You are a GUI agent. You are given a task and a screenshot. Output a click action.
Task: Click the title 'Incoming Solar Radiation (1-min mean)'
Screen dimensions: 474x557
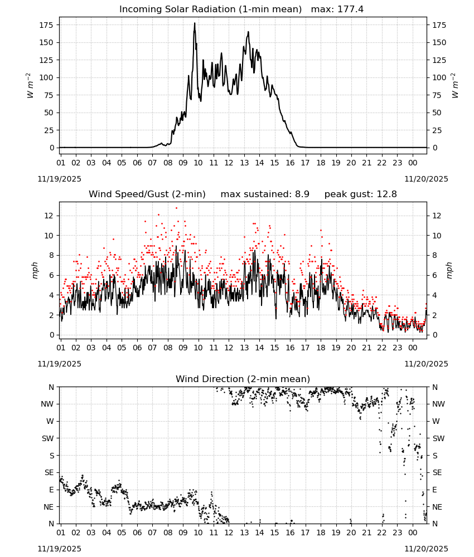[x=210, y=9]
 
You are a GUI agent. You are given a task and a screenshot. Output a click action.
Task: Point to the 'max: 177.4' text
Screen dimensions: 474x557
[x=337, y=9]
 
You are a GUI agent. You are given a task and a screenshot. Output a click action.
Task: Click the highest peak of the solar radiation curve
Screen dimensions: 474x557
[x=195, y=23]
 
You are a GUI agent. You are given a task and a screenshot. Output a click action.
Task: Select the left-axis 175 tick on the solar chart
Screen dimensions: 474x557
[x=46, y=25]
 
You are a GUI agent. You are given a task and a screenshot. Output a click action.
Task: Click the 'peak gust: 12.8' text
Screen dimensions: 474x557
[x=361, y=194]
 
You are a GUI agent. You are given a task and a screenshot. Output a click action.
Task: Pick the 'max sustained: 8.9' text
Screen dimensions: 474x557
[x=265, y=194]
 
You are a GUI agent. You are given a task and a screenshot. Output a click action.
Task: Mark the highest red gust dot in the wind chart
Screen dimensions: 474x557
[x=176, y=208]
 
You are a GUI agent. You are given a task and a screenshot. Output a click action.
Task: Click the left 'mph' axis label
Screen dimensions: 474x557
[x=35, y=270]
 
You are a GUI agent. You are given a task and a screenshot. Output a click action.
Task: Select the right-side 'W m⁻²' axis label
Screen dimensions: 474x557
[x=455, y=86]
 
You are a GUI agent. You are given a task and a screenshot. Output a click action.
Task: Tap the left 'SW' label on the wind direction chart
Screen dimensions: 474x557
[x=47, y=438]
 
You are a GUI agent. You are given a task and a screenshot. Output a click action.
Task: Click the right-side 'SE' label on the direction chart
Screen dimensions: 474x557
[x=437, y=472]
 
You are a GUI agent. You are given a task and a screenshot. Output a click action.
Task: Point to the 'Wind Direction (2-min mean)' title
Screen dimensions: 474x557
[x=243, y=379]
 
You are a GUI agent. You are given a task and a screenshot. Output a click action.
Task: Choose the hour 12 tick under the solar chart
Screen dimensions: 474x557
[x=229, y=163]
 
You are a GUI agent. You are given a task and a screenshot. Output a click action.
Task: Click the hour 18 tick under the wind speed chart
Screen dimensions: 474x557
[x=321, y=348]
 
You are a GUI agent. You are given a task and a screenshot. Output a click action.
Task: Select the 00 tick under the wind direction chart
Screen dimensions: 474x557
[x=413, y=533]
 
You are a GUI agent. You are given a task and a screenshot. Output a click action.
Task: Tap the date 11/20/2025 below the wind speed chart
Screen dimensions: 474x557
[x=427, y=364]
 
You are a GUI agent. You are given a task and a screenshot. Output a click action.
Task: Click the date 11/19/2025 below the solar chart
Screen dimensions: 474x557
[x=59, y=179]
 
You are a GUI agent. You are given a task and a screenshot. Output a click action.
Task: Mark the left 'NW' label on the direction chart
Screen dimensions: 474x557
[x=47, y=404]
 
